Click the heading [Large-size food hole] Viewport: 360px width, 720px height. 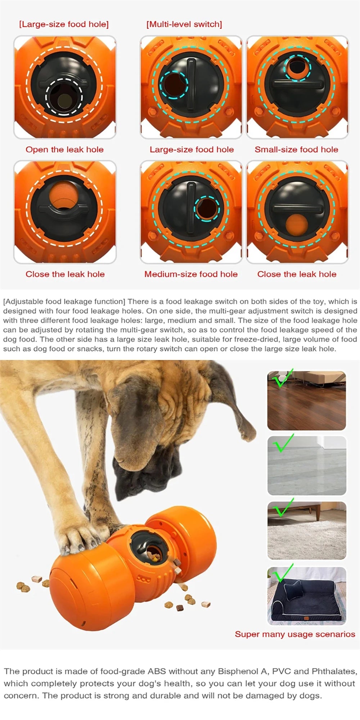[x=64, y=24]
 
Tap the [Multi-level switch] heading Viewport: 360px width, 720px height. [x=184, y=24]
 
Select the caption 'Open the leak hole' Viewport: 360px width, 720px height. [x=64, y=149]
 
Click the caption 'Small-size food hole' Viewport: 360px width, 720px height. [x=296, y=149]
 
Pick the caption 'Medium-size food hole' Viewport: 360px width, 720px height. [x=191, y=274]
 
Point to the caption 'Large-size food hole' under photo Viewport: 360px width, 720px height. [x=192, y=149]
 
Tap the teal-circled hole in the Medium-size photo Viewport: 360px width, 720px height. [x=207, y=209]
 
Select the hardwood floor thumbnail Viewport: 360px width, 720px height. [x=306, y=400]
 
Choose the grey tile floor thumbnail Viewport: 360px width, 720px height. [x=306, y=465]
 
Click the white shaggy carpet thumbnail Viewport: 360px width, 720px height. [x=306, y=530]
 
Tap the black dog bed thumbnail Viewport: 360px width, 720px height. [x=306, y=595]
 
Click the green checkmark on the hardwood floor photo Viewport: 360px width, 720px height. [x=283, y=378]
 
